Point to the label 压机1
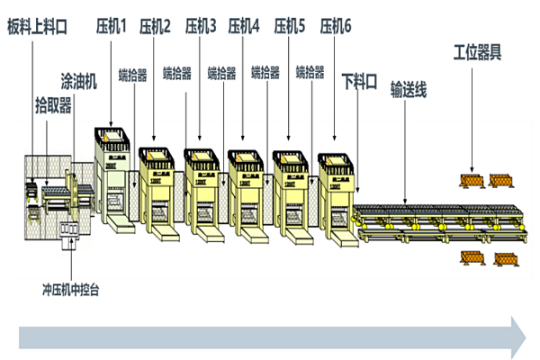[x=112, y=27]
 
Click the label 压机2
[x=156, y=27]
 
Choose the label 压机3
[x=201, y=27]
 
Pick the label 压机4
[x=244, y=27]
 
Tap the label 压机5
[x=290, y=27]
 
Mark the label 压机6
[x=336, y=27]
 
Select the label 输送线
[x=408, y=90]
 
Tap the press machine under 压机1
[x=112, y=180]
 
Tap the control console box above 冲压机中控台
[x=68, y=231]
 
